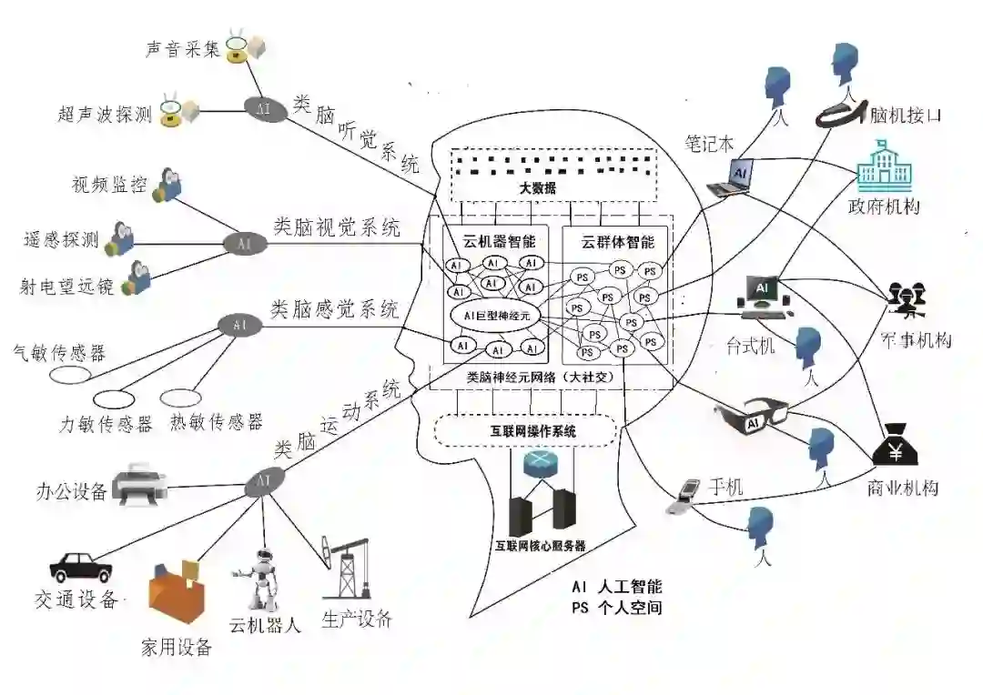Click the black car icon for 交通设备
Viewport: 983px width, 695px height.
(x=81, y=567)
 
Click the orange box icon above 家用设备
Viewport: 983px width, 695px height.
(x=177, y=596)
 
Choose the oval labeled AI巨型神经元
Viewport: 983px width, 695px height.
(x=496, y=315)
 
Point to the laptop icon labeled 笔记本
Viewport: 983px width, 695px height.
(x=732, y=176)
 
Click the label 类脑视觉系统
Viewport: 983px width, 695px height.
(x=337, y=227)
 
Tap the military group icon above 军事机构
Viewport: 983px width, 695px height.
(x=907, y=298)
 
